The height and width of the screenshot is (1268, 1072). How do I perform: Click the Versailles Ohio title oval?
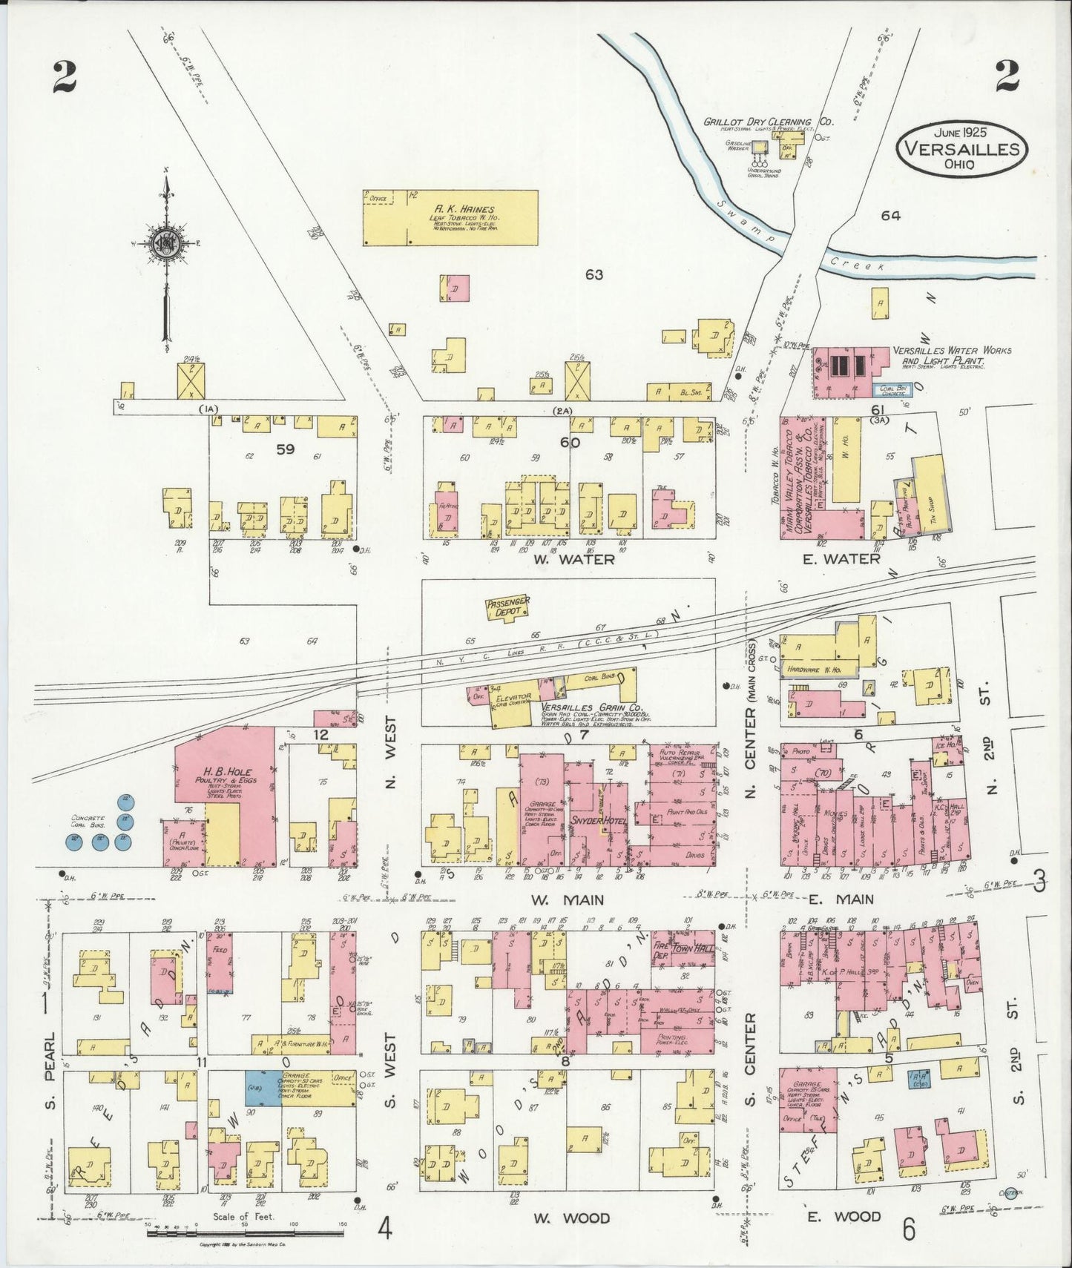962,148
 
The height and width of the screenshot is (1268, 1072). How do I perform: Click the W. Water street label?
573,559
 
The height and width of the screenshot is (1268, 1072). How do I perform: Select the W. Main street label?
568,899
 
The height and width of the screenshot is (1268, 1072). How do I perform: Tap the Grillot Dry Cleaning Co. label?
768,121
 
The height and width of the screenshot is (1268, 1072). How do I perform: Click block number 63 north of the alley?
593,274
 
